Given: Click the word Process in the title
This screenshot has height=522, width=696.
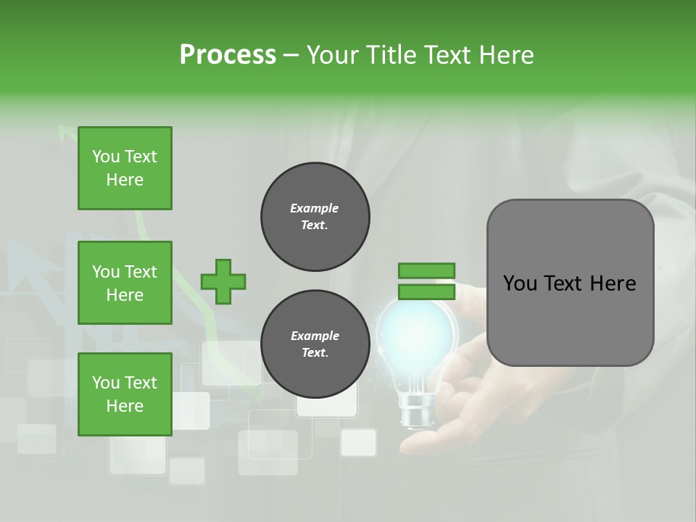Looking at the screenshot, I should (x=228, y=55).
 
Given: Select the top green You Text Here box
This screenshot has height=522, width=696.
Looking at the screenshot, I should (x=125, y=168).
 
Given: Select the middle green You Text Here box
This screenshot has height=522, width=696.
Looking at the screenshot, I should (x=125, y=283).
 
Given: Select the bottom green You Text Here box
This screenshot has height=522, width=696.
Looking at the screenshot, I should (x=125, y=394).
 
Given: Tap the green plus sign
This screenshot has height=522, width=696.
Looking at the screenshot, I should (x=223, y=281).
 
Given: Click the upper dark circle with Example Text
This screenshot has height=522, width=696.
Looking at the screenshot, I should (x=315, y=216).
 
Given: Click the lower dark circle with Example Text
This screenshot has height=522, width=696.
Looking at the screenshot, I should (x=315, y=344).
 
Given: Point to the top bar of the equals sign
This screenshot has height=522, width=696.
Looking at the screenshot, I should (x=426, y=270).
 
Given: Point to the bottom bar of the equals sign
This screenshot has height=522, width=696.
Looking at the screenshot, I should (x=426, y=291).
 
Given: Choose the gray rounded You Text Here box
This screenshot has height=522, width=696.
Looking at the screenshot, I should (x=570, y=283).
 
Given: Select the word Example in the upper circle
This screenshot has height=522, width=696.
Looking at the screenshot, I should (x=315, y=208).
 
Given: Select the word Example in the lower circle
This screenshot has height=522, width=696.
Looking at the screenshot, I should (x=315, y=336).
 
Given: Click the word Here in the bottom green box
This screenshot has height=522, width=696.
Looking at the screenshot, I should (x=125, y=406).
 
